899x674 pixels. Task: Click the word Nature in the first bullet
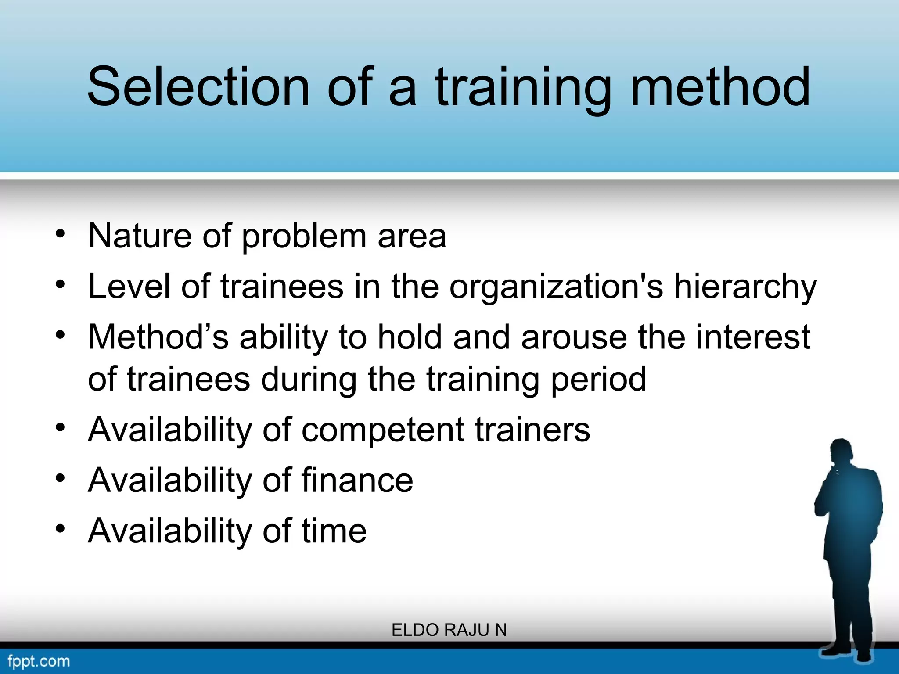point(140,236)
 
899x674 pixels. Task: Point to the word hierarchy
point(745,287)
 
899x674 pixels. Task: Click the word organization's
point(556,287)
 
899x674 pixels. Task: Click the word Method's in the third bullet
point(158,337)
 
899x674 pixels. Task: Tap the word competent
point(382,430)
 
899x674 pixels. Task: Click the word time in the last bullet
point(334,531)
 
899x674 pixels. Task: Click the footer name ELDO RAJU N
point(449,630)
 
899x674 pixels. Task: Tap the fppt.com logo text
point(39,661)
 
